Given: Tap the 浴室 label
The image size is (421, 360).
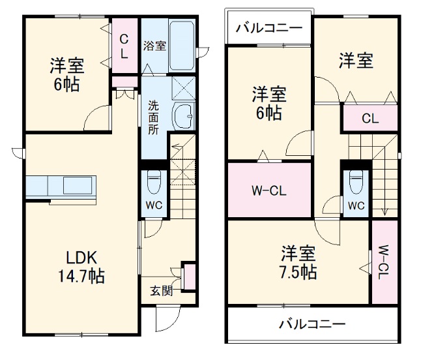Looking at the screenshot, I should [154, 46].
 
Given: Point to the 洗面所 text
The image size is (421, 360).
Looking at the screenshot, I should [152, 117].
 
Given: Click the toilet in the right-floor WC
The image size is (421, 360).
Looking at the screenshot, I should [356, 182].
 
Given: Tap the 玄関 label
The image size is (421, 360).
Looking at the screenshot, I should [161, 291].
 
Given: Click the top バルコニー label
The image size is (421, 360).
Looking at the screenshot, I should [269, 28].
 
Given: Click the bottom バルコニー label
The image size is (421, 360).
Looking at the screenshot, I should [312, 323].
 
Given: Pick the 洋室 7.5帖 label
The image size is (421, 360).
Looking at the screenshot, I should [299, 262].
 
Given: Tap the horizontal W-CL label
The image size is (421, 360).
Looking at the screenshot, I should [269, 191].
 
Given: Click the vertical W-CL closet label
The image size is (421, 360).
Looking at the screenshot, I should [383, 261].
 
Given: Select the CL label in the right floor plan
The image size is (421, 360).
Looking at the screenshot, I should [370, 119].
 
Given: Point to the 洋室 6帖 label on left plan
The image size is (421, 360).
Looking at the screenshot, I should [66, 75].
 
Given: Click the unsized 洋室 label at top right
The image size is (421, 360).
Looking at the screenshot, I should [355, 61].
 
